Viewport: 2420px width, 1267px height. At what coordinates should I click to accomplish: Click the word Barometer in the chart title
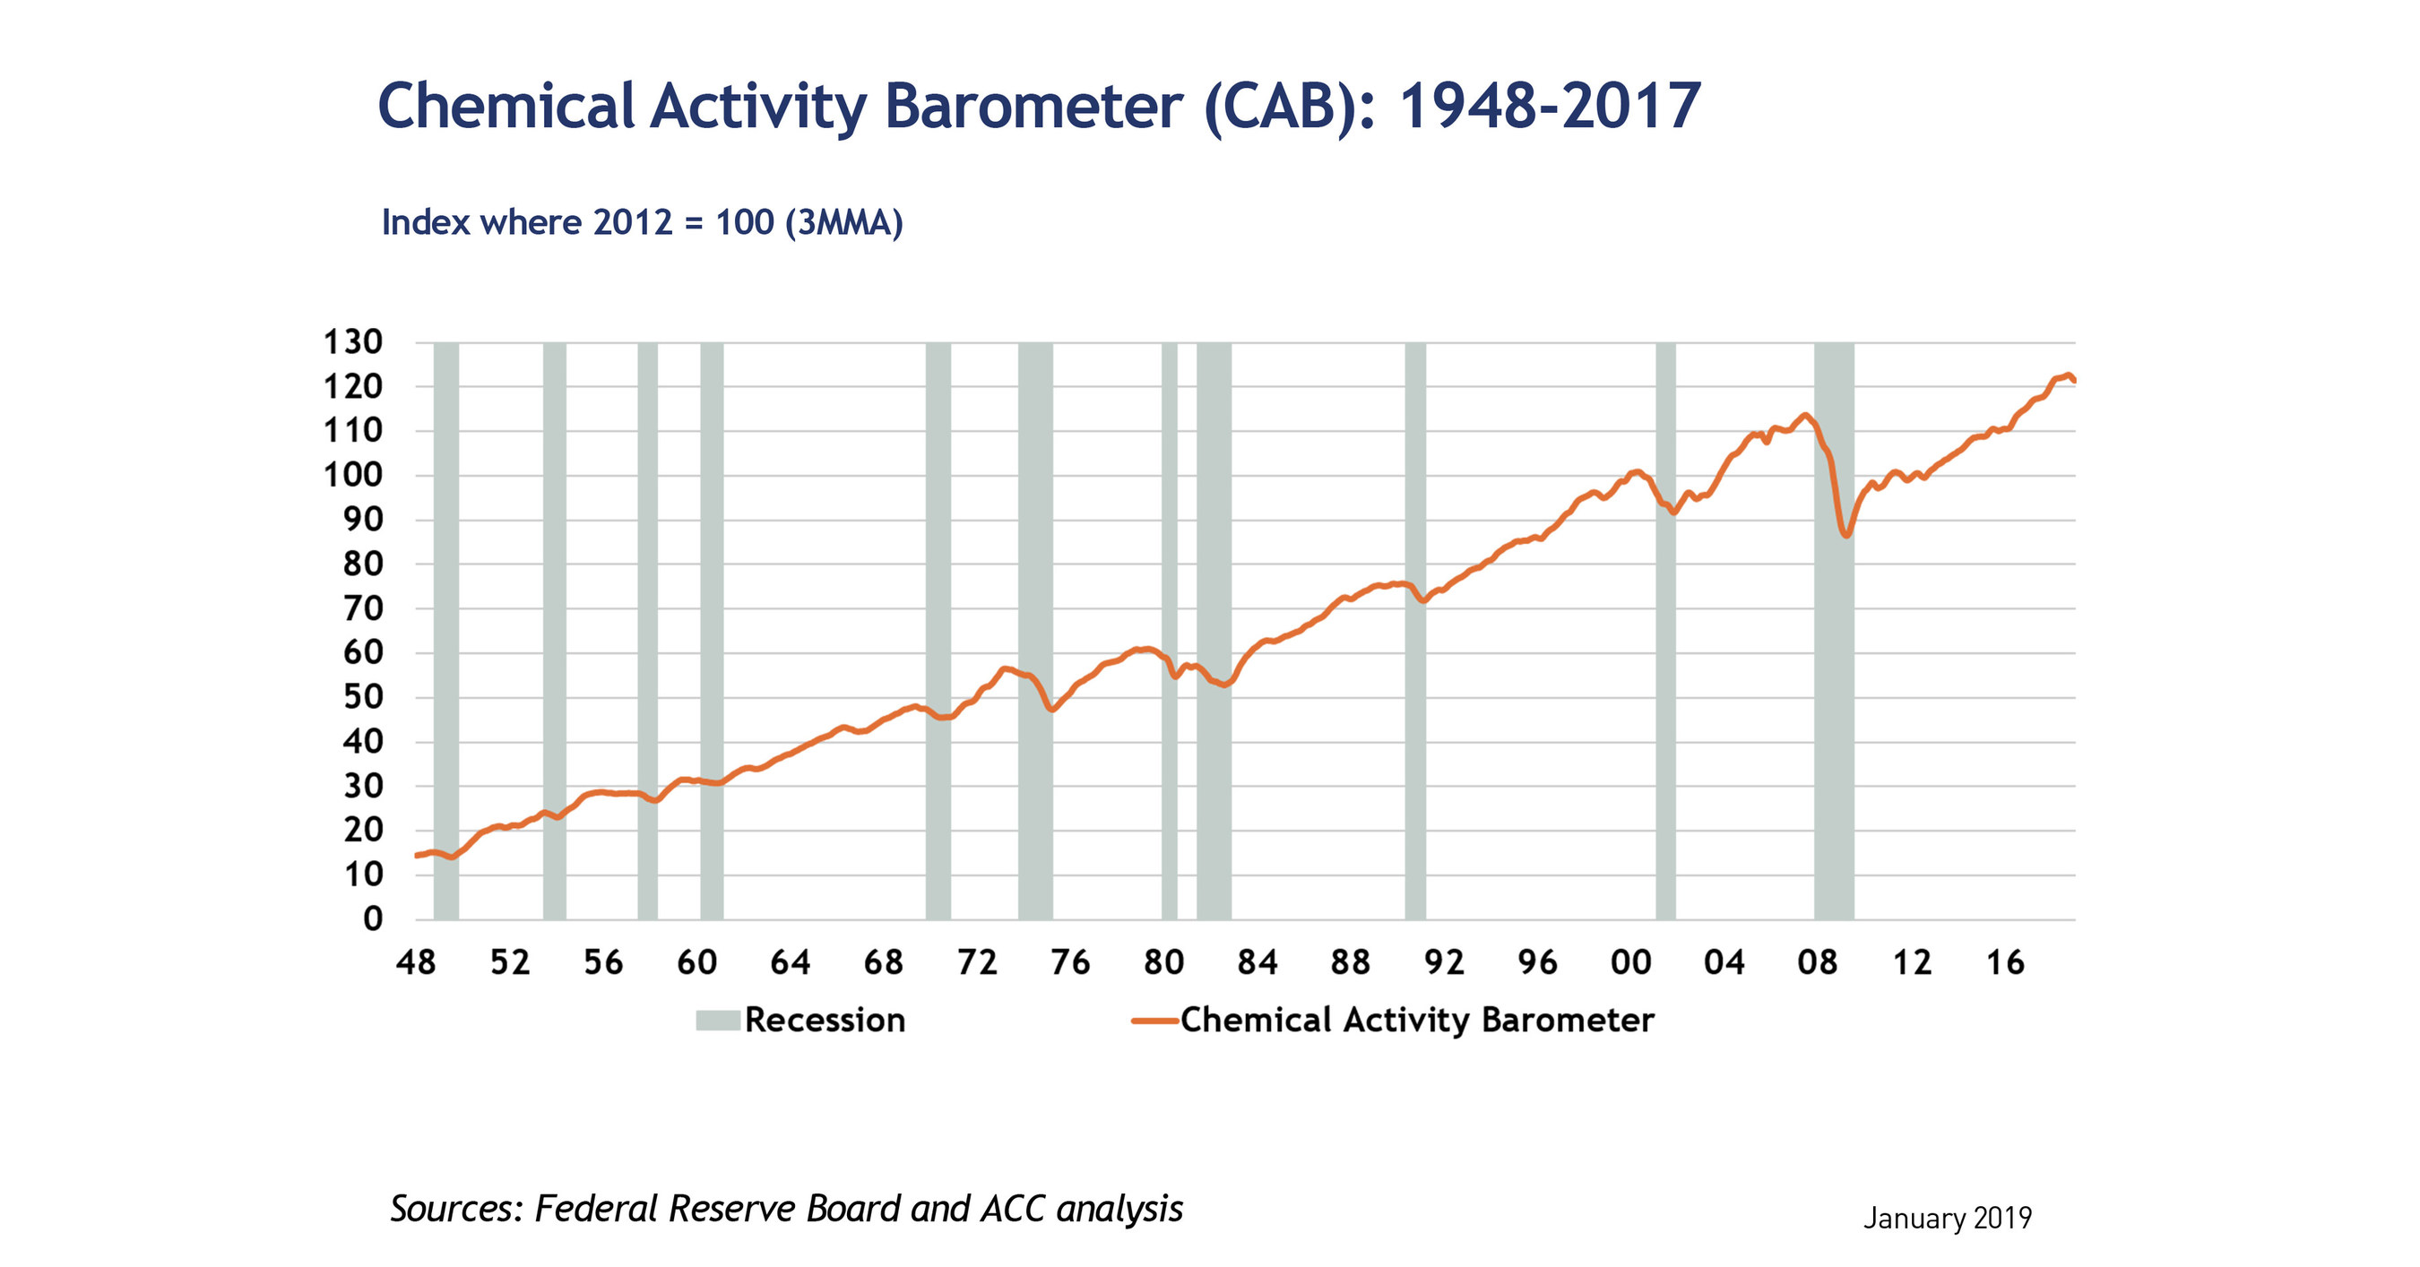pos(1033,105)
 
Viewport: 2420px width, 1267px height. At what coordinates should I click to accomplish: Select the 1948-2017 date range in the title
pos(1549,105)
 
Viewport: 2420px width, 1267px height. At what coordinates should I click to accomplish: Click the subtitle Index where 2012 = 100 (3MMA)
pos(642,222)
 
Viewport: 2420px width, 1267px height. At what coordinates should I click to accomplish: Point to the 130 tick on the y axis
pos(353,342)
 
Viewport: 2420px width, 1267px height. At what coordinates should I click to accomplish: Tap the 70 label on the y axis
pos(363,608)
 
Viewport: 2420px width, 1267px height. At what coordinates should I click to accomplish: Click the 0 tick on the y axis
pos(373,918)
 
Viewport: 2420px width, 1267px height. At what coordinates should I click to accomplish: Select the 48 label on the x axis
pos(416,961)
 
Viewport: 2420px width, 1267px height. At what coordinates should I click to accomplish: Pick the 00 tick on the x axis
pos(1630,961)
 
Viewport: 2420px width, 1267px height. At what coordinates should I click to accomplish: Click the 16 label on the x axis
pos(2004,961)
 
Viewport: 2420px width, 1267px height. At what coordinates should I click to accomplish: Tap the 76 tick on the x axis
pos(1070,961)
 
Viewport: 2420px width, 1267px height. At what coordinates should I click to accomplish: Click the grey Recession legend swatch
pos(718,1020)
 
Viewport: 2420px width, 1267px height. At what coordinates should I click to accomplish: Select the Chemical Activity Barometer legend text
pos(1416,1020)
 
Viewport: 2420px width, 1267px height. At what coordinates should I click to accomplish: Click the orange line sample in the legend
pos(1154,1020)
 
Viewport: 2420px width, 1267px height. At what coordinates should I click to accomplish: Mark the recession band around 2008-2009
pos(1833,658)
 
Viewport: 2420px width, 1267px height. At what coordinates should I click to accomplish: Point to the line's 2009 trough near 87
pos(1847,534)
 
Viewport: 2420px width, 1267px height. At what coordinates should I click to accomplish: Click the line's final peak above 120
pos(2067,375)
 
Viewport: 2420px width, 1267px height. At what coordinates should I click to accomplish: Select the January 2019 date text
pos(1947,1218)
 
